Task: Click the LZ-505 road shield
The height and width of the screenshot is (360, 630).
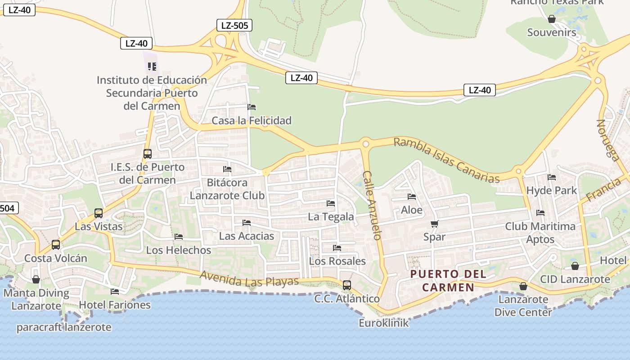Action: (x=234, y=26)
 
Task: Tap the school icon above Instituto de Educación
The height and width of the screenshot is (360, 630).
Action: (x=152, y=67)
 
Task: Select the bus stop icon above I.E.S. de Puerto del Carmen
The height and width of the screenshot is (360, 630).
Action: (x=148, y=153)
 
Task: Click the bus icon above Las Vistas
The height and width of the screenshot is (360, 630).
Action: (x=99, y=213)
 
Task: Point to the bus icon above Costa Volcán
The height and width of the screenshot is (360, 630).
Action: (x=56, y=245)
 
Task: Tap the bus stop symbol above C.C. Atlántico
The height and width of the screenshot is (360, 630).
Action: (x=347, y=285)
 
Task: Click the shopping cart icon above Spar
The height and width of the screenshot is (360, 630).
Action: (x=434, y=224)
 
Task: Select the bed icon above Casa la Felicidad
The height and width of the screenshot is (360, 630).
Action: (x=252, y=107)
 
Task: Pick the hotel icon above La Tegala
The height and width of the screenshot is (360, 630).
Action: (x=331, y=203)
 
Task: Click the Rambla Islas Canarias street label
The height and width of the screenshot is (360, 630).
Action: (x=446, y=160)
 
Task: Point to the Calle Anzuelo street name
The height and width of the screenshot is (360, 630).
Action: (x=373, y=205)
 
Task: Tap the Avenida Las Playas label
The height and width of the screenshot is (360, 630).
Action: (x=249, y=279)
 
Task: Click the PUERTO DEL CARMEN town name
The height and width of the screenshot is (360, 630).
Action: (x=449, y=280)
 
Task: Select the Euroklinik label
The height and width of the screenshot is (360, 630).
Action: (x=384, y=323)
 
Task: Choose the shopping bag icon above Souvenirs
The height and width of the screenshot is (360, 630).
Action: (x=551, y=19)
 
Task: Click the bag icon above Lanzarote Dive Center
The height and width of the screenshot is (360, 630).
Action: (x=523, y=286)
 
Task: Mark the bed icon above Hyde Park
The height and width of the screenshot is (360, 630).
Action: (x=552, y=177)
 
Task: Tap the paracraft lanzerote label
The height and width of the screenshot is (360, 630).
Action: (x=64, y=327)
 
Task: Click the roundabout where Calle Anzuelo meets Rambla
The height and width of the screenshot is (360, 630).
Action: (x=365, y=144)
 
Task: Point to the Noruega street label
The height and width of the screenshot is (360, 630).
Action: (x=608, y=139)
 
